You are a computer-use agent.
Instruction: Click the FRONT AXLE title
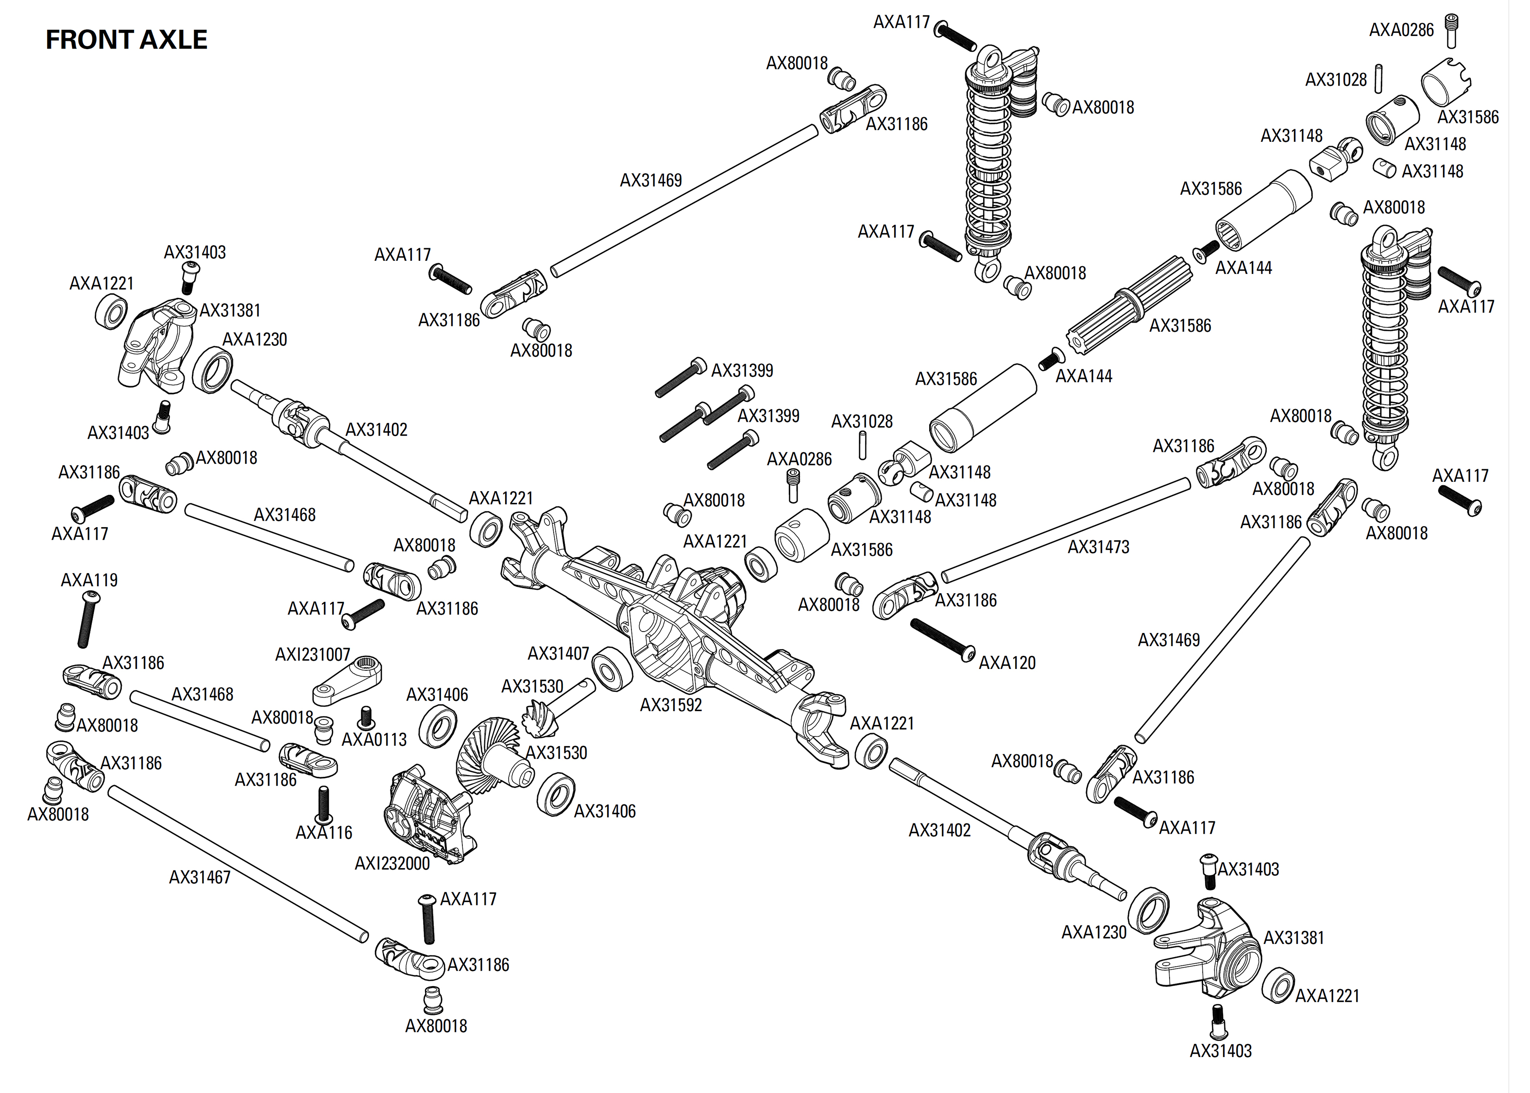coord(126,40)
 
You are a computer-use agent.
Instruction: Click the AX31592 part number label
coord(670,705)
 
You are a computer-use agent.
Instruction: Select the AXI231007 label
coord(312,654)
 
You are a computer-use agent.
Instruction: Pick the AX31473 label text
coord(1098,547)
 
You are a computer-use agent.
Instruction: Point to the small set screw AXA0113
coord(367,717)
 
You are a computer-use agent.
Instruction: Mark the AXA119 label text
coord(89,580)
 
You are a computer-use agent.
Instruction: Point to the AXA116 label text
coord(323,833)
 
